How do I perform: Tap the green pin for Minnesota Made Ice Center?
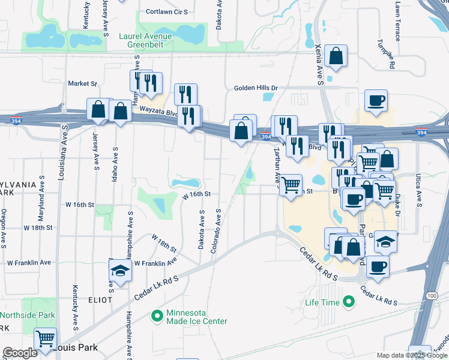(x=157, y=315)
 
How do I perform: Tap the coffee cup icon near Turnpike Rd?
(x=376, y=101)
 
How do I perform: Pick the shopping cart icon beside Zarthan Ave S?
(x=291, y=185)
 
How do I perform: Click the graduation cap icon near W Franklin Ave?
(x=121, y=271)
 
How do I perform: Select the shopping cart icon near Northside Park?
(x=46, y=339)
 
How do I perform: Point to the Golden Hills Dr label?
(x=256, y=88)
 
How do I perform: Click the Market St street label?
(x=82, y=83)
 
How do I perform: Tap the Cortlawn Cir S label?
(x=167, y=11)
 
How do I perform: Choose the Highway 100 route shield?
(x=432, y=296)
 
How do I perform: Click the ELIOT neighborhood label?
(x=100, y=299)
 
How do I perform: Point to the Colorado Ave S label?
(x=215, y=231)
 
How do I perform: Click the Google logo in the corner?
(x=20, y=353)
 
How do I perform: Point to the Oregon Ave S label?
(x=4, y=228)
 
